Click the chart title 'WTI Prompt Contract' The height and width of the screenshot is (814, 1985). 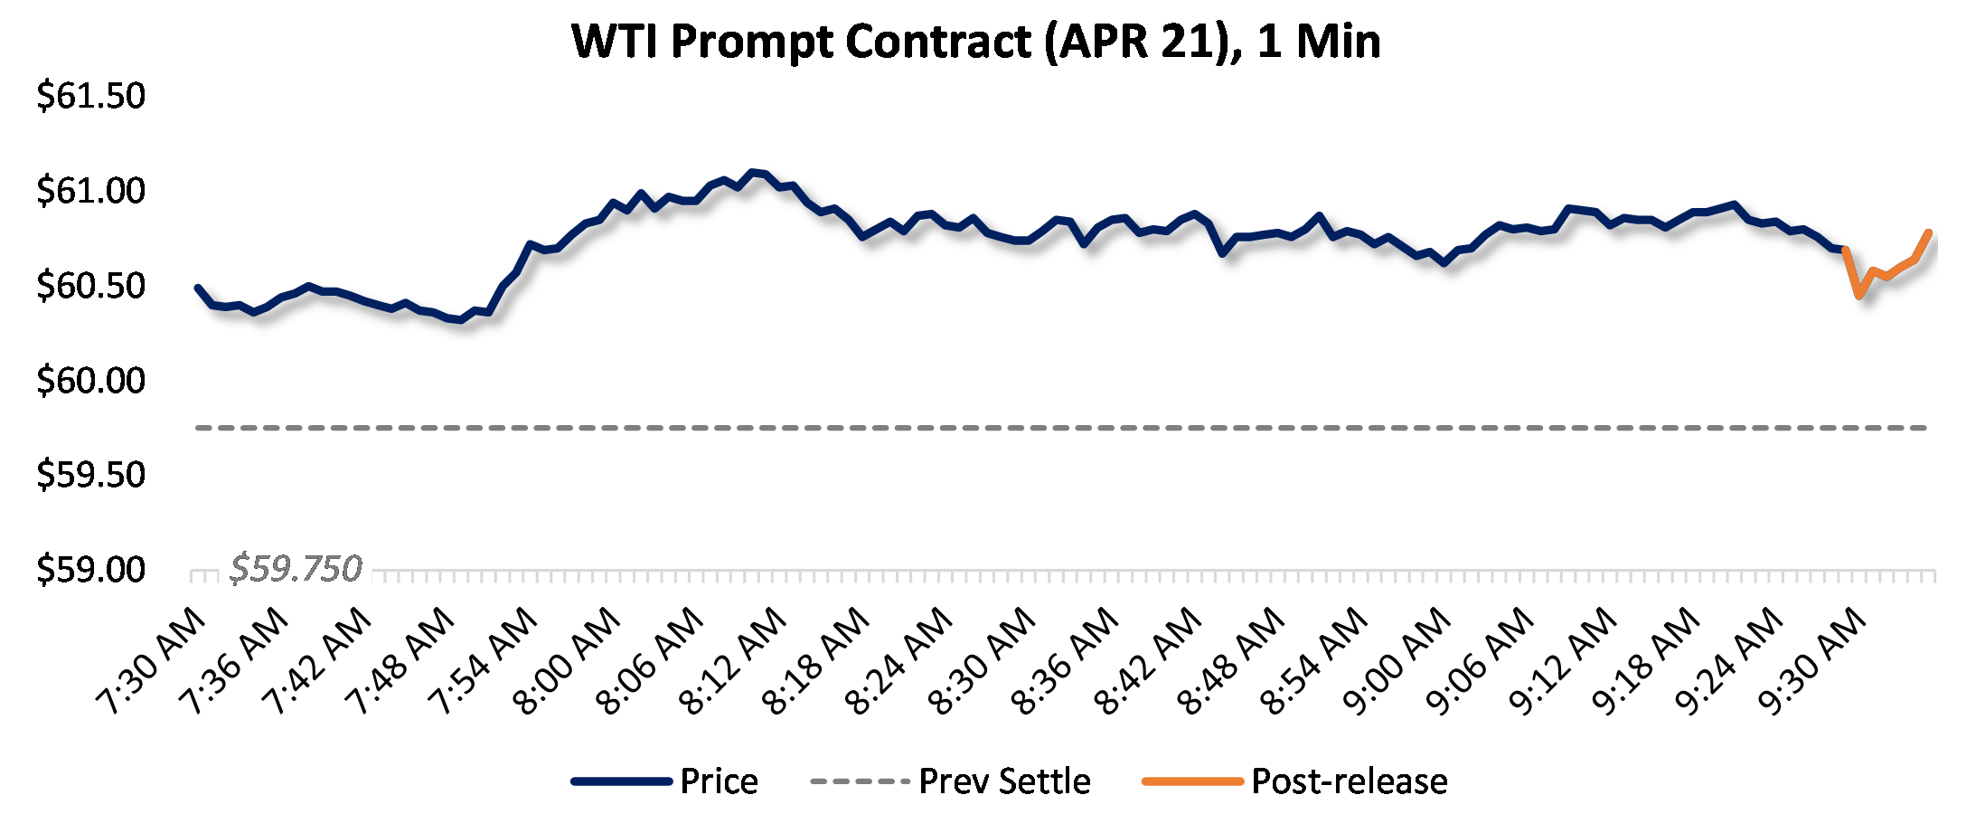tap(976, 42)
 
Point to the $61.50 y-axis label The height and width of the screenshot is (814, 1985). tap(90, 96)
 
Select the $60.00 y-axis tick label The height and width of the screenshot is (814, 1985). tap(90, 380)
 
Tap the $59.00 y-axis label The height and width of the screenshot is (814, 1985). tap(90, 570)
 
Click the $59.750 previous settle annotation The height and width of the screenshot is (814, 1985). tap(296, 569)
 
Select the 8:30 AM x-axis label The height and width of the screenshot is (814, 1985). tap(983, 662)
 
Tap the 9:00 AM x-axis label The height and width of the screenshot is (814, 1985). tap(1398, 662)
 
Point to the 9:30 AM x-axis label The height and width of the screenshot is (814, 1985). tap(1813, 662)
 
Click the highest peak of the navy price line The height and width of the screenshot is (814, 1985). tap(751, 172)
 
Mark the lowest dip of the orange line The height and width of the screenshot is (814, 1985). tap(1858, 296)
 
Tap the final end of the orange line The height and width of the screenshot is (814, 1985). tap(1930, 232)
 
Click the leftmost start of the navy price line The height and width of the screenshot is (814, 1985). tap(198, 288)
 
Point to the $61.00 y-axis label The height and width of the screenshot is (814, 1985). tap(90, 191)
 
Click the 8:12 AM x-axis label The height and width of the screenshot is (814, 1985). tap(734, 662)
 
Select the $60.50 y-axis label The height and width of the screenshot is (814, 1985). tap(90, 286)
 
